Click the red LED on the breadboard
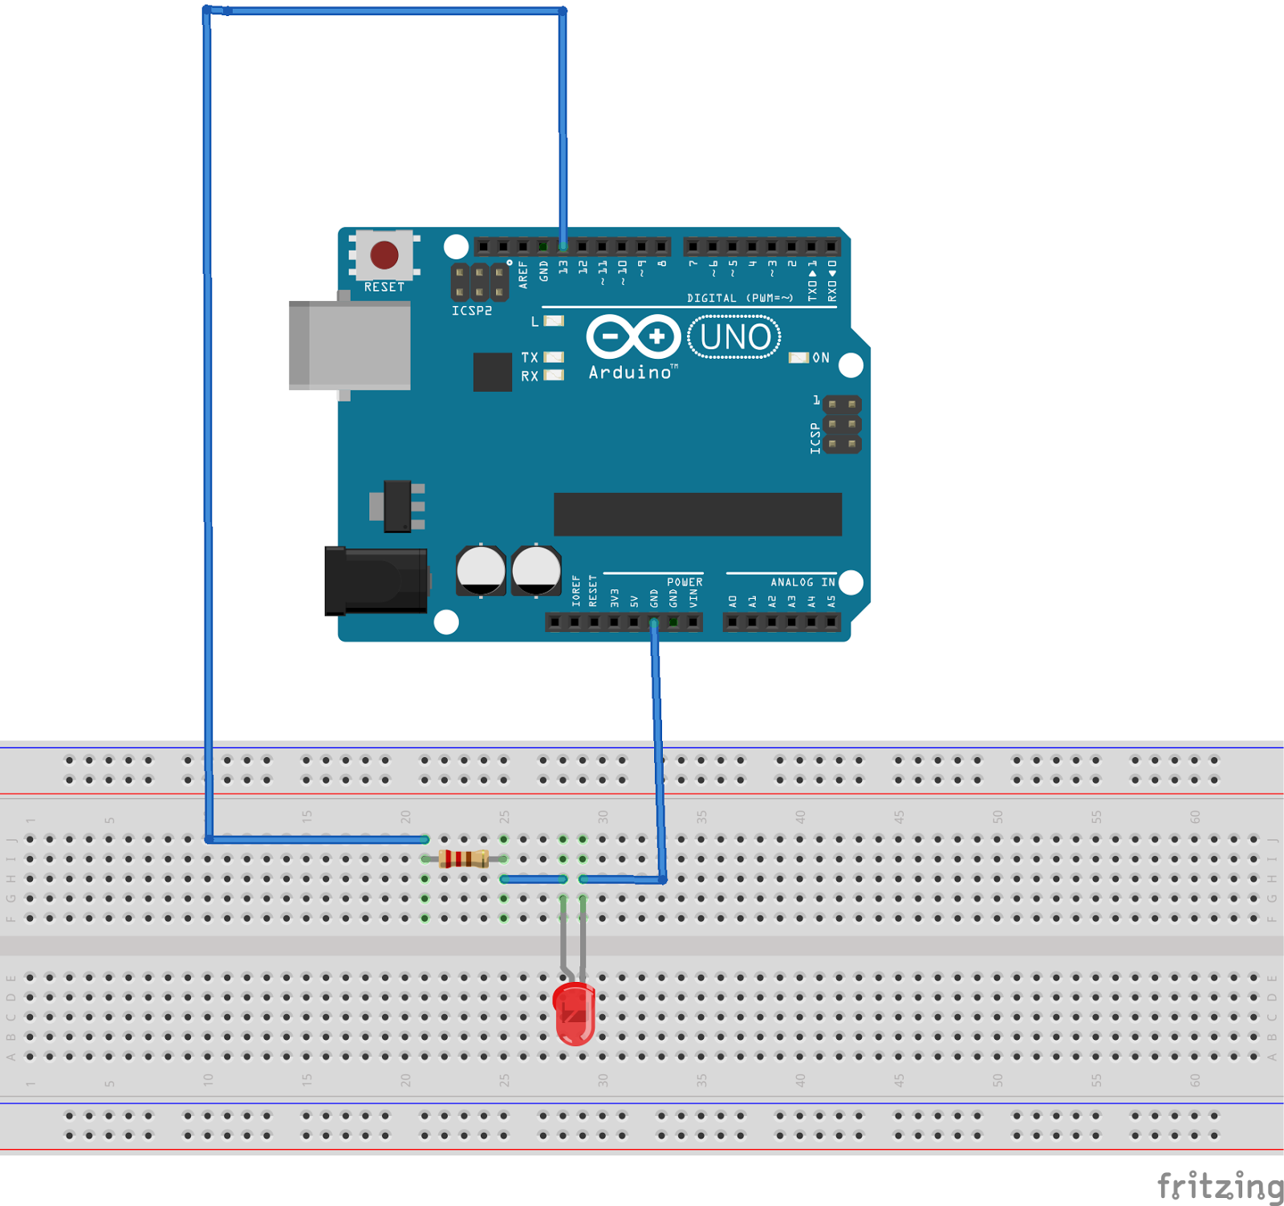pos(575,1013)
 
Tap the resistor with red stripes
pos(464,859)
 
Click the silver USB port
pos(351,345)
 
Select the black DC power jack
pos(376,581)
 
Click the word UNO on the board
pos(734,337)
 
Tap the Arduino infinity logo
pos(633,336)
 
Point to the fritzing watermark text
pos(1219,1186)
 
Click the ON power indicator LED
pos(798,357)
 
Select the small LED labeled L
pos(554,321)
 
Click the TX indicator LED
pos(554,357)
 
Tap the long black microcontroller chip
pos(697,514)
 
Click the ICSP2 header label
pos(471,311)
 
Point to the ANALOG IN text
pos(802,582)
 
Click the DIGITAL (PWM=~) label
pos(739,298)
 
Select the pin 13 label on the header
pos(563,267)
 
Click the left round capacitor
pos(481,571)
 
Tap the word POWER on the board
pos(685,582)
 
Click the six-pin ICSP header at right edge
pos(842,424)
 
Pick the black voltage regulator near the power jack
pos(397,506)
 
